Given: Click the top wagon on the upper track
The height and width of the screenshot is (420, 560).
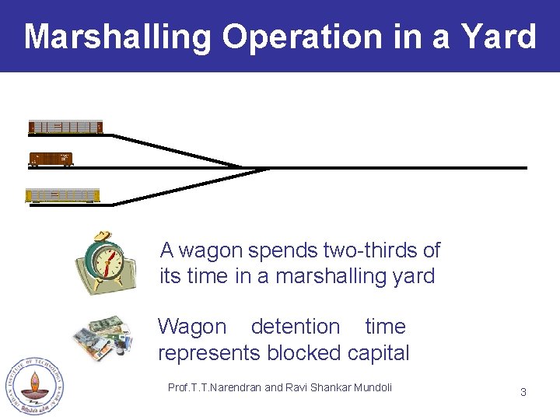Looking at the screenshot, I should tap(65, 127).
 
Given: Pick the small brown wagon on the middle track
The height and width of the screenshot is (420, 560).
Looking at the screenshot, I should tap(51, 159).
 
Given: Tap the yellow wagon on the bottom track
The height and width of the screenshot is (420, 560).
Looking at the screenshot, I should tap(63, 195).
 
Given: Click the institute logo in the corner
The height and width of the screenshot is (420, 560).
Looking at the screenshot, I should tap(33, 386).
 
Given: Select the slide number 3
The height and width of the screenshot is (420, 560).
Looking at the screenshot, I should tap(523, 392).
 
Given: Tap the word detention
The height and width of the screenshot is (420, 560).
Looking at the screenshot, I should tap(296, 327).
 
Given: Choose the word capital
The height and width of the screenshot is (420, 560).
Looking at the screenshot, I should tap(378, 353).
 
